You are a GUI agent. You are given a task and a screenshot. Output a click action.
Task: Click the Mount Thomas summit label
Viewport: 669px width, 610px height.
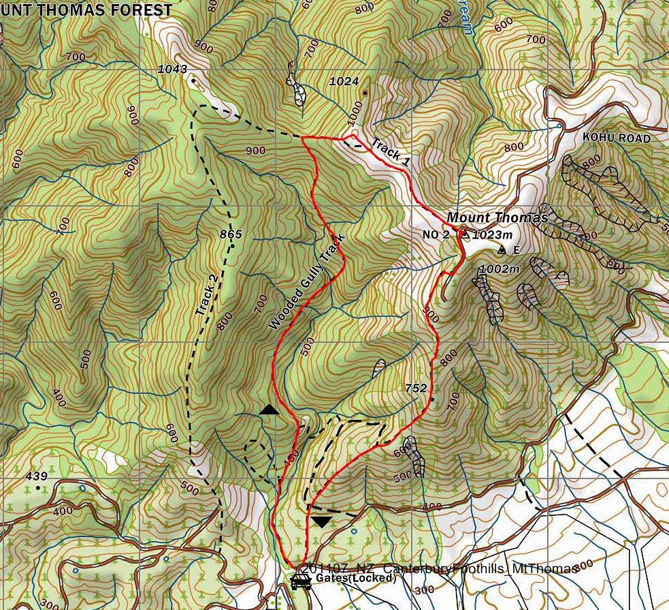[497, 218]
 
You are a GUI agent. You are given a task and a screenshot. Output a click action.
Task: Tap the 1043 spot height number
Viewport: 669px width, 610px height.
[172, 69]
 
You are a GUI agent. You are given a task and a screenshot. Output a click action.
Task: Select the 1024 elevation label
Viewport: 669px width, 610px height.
[344, 81]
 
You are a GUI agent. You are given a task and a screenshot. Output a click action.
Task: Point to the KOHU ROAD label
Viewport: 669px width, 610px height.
[617, 138]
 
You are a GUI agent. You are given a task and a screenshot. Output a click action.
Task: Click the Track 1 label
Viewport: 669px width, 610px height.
[390, 153]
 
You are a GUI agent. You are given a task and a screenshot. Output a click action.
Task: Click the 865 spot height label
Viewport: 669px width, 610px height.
[231, 234]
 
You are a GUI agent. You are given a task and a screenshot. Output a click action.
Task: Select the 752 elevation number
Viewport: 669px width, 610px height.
[416, 388]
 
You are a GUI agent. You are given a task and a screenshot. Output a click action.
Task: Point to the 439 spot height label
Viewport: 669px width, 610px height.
[36, 476]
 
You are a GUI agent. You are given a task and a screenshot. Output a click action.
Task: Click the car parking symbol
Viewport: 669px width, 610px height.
[300, 581]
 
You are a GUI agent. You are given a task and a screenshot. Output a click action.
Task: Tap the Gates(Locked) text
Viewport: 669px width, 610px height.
[355, 579]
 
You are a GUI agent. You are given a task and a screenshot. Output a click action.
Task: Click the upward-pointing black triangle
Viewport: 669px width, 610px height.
[270, 410]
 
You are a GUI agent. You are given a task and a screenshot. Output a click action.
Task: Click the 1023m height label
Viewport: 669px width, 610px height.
[491, 234]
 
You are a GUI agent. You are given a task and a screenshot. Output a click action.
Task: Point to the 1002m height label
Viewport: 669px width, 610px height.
[499, 269]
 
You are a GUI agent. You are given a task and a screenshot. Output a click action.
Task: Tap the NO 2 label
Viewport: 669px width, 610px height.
[436, 234]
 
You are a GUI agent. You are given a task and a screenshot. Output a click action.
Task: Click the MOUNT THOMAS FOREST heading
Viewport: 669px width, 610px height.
[86, 10]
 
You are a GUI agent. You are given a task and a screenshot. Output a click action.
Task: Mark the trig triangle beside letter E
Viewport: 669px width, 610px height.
[502, 250]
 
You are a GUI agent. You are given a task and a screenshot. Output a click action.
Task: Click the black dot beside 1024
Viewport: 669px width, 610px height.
[365, 93]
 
